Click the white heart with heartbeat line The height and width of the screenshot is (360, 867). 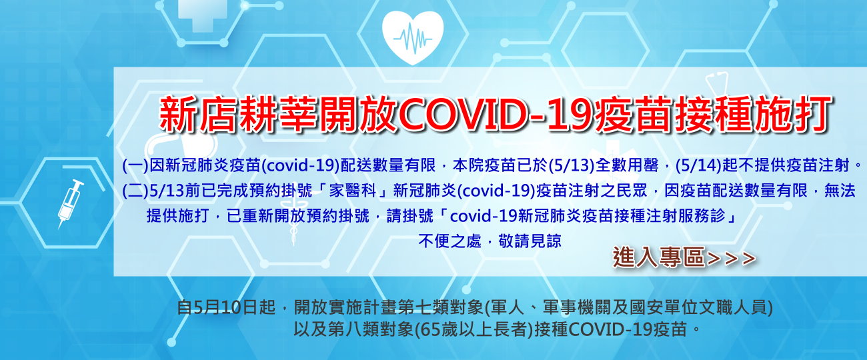pos(413,37)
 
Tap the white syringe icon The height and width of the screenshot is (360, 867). pos(71,204)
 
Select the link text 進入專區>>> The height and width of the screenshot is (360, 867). pos(684,257)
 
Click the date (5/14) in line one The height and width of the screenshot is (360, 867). pos(698,166)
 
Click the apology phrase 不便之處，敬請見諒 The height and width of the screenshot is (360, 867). pos(490,241)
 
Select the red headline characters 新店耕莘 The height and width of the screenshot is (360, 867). pos(238,115)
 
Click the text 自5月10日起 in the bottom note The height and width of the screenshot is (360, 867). pos(226,308)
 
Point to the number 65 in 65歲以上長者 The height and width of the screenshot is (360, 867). pos(429,329)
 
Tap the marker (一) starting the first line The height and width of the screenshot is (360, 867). pos(135,166)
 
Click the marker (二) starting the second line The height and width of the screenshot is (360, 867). pos(135,191)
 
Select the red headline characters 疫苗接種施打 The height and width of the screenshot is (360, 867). pos(714,115)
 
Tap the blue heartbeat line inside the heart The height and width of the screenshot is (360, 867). pos(413,37)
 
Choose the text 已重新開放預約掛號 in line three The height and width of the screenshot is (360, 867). pos(298,216)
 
